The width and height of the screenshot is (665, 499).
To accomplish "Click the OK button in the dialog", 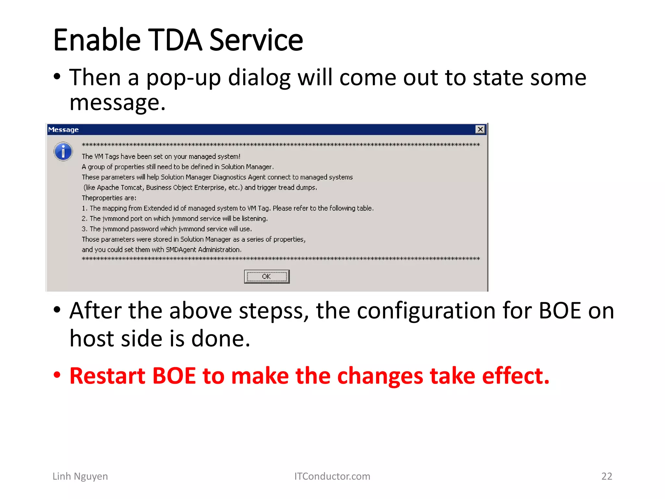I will [x=267, y=276].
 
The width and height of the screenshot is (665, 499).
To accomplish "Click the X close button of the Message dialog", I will [x=480, y=129].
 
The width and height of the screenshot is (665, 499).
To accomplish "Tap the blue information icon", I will [x=63, y=151].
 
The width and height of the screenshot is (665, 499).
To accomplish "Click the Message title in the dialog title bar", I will [x=63, y=130].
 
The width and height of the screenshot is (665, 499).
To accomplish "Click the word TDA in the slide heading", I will [x=175, y=40].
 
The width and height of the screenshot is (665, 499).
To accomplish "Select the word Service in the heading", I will [x=256, y=40].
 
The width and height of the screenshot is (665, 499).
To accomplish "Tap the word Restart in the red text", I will [x=107, y=376].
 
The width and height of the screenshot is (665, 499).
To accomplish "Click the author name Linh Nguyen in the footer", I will [x=80, y=476].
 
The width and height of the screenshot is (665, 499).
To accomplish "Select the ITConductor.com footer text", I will [x=332, y=476].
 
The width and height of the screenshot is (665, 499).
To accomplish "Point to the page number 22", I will [x=606, y=476].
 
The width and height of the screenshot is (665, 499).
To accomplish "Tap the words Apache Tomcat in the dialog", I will [x=120, y=187].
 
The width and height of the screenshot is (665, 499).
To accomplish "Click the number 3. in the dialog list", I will [x=84, y=229].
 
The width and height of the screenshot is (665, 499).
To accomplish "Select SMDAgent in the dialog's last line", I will [x=181, y=250].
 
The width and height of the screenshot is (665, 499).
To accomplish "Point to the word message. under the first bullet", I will [x=118, y=103].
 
